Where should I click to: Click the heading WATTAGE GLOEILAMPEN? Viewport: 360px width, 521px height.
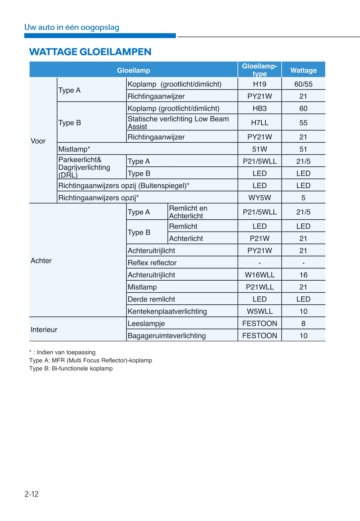pos(90,52)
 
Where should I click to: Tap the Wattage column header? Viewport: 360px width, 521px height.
pos(303,70)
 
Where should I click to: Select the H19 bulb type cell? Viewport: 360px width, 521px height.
pos(259,84)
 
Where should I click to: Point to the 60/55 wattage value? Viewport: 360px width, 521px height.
pos(303,84)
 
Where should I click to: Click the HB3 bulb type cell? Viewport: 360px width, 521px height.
pos(259,108)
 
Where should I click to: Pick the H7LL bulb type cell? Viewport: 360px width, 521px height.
pos(259,123)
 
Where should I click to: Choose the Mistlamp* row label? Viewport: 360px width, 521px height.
pos(74,149)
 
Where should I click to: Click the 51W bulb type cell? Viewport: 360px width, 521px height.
pos(259,149)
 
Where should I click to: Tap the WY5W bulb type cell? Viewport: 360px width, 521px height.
pos(259,198)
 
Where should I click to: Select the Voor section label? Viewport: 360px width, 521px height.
pos(38,141)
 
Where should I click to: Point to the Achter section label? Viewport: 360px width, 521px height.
pos(41,260)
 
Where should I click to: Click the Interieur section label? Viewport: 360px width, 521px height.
pos(44,329)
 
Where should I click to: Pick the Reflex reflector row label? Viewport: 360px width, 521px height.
pos(152,263)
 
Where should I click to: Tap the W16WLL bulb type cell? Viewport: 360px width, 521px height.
pos(259,275)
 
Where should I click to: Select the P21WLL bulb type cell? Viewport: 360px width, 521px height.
pos(259,287)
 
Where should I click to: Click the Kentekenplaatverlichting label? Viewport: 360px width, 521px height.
pos(167,311)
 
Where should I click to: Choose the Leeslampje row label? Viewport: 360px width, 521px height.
pos(146,323)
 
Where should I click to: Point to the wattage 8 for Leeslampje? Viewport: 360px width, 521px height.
pos(303,323)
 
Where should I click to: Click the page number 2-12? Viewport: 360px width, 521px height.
pos(32,494)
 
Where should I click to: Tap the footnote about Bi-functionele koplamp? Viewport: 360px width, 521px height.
pos(71,368)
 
